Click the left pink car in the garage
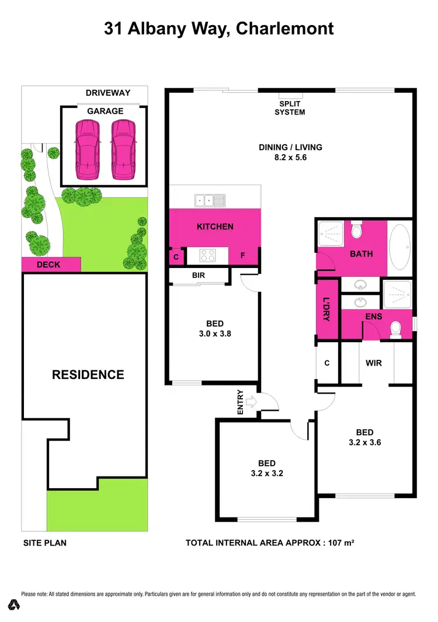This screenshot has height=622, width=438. tap(85, 150)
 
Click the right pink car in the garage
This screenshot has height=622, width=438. tap(123, 150)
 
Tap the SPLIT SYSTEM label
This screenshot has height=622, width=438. tap(290, 108)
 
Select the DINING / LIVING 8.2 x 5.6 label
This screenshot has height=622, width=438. tap(290, 152)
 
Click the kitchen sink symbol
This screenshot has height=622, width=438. tap(210, 201)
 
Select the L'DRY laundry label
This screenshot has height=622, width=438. tap(327, 309)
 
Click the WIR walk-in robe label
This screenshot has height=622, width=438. tap(374, 363)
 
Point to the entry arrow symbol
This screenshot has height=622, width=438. tap(252, 402)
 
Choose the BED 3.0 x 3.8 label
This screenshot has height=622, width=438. tap(215, 328)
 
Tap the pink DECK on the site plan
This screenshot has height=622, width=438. tap(49, 265)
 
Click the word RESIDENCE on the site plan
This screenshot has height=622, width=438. tap(88, 375)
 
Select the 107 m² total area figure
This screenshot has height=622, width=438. tap(341, 543)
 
